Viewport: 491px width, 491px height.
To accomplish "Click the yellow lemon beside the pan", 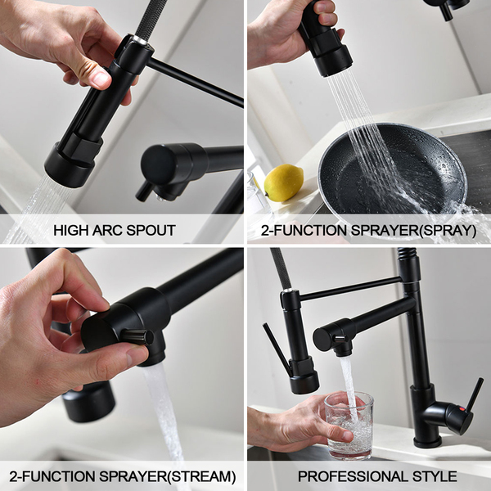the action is pos(283,182).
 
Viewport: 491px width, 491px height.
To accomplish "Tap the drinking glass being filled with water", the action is pos(349,425).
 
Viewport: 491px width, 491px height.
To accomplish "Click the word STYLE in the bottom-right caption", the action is pos(435,476).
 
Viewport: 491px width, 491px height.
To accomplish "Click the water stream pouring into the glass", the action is pos(349,389).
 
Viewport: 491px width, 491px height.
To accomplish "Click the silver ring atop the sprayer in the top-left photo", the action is pos(140,40).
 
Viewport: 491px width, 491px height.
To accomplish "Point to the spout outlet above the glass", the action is pos(343,352).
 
